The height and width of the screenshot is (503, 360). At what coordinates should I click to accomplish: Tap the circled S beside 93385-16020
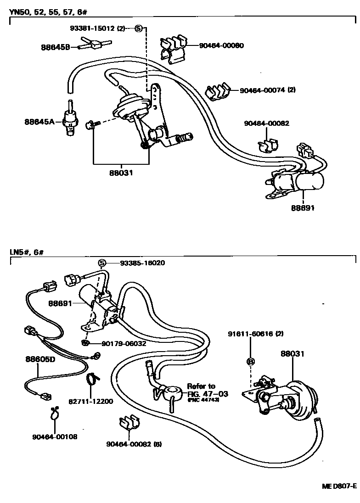coord(102,263)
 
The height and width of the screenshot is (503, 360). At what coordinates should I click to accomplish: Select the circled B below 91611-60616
coord(251,361)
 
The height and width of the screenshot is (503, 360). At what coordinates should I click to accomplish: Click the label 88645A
coord(39,122)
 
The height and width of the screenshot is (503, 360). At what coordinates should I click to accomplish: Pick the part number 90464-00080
coord(221,45)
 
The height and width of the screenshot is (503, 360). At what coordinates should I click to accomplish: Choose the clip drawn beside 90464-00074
coord(218,91)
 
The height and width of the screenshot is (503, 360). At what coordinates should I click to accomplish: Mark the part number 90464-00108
coord(55,436)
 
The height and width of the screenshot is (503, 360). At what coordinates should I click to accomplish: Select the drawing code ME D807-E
coord(337,486)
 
